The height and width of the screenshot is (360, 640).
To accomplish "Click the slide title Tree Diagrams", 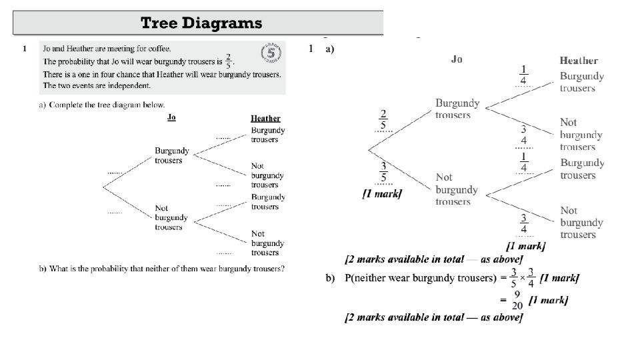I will point(201,23).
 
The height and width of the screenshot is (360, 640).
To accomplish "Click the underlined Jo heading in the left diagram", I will point(171,118).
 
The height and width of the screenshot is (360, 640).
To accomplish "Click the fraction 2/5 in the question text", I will point(229,61).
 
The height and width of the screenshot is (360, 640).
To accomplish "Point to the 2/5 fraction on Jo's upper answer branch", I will point(383,119).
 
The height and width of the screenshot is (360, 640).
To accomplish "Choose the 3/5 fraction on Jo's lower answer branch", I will point(383,172).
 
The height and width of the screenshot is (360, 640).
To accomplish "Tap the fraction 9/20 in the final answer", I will point(517,301).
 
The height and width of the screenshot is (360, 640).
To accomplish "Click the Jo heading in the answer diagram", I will point(457,59).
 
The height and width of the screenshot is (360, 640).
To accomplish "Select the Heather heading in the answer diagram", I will point(579,61).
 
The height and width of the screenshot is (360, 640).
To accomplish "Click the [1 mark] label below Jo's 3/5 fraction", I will point(381,193).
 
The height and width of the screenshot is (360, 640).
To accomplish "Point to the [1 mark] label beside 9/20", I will point(548,301).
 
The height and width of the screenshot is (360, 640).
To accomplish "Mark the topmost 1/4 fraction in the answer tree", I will point(524,75).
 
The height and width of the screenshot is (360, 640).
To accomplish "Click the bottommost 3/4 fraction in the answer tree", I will point(524,223).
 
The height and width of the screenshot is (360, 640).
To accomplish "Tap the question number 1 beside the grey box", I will point(24,49).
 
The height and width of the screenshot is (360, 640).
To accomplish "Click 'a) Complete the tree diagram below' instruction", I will point(102,105).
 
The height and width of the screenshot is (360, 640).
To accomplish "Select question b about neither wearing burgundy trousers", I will point(162,269).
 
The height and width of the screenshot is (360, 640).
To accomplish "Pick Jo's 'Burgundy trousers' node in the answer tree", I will point(453,109).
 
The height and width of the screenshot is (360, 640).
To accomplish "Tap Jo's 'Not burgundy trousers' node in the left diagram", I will point(171,218).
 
